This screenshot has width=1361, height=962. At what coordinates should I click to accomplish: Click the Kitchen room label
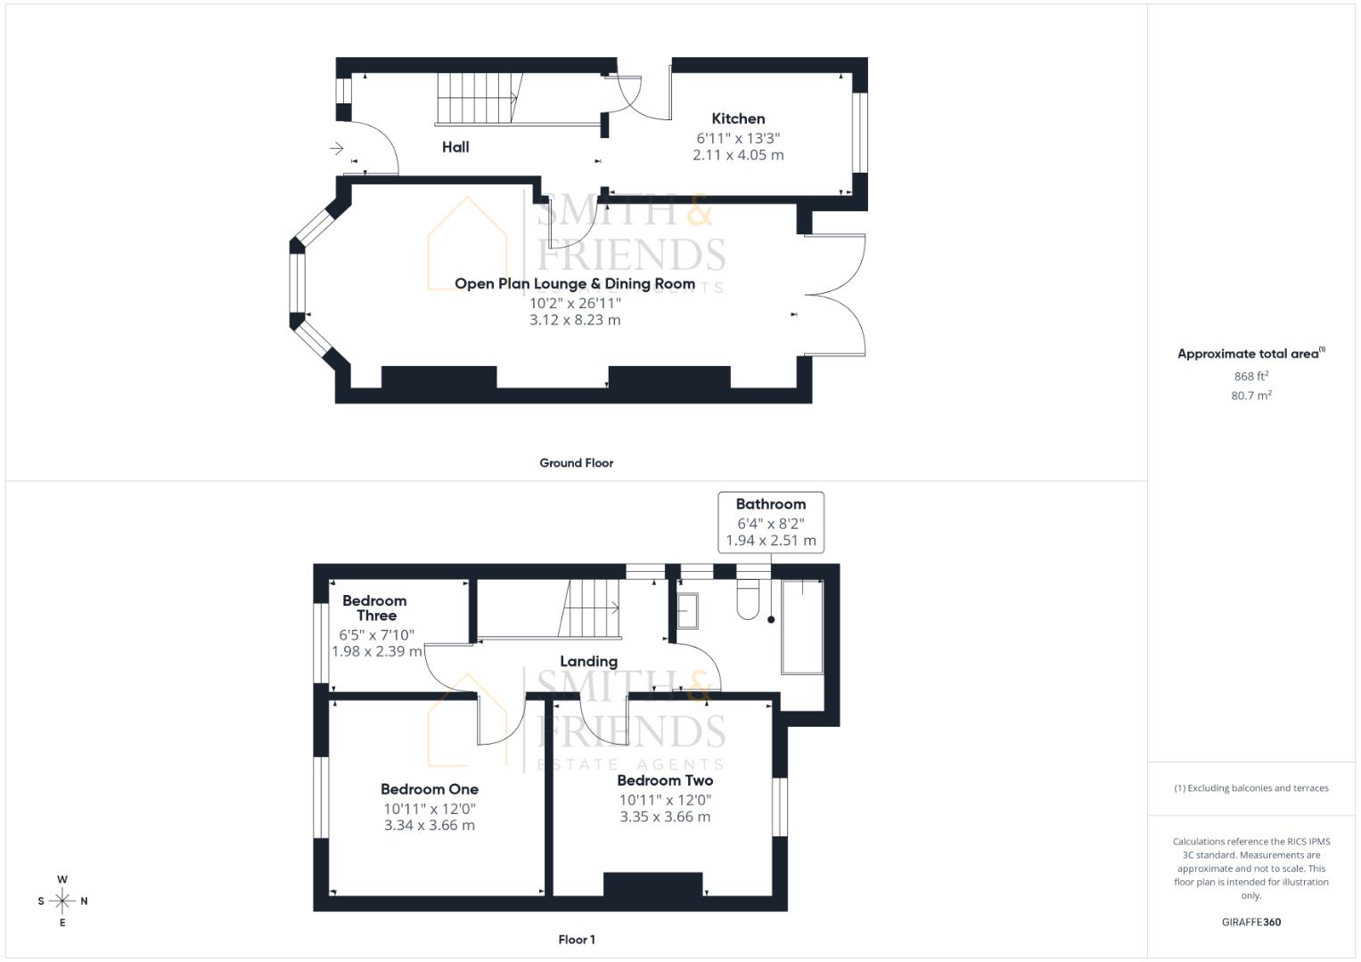[738, 118]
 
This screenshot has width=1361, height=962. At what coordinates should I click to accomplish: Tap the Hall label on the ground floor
[455, 147]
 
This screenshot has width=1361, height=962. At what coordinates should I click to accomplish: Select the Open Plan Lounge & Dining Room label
[575, 284]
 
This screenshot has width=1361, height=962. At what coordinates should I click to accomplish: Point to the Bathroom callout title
[771, 504]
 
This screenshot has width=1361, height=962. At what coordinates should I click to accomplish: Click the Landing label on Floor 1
[588, 662]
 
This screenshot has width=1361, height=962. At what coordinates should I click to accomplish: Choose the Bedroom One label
[430, 789]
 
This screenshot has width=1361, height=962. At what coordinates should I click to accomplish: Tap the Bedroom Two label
[665, 780]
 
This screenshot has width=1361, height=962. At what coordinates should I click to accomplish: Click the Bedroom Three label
[375, 607]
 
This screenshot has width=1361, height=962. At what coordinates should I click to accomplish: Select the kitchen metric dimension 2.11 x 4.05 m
[738, 155]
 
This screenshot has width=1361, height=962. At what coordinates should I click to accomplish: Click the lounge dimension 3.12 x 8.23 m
[575, 320]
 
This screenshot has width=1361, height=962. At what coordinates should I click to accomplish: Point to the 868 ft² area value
[1251, 377]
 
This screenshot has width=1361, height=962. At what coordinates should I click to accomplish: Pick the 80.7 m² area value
[1251, 395]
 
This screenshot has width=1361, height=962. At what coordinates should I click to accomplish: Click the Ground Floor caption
[577, 463]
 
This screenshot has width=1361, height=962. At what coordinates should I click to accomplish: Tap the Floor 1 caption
[577, 940]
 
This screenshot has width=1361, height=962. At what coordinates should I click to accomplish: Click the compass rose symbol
[62, 901]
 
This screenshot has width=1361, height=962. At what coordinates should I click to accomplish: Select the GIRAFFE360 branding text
[1251, 922]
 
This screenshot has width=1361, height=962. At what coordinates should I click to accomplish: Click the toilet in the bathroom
[748, 599]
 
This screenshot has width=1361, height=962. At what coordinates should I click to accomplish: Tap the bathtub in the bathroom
[802, 626]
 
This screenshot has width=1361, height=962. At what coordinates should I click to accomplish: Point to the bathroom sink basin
[688, 610]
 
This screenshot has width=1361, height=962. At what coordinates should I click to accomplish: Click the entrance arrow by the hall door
[337, 148]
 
